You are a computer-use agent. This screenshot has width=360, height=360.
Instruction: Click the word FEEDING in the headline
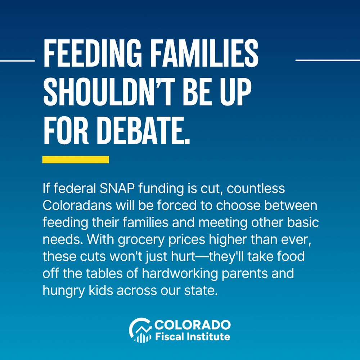[93, 53]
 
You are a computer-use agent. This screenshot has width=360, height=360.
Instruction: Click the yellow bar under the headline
[76, 159]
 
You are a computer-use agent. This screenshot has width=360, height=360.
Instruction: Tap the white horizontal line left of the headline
[17, 61]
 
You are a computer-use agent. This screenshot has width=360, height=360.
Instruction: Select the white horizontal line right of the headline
[328, 60]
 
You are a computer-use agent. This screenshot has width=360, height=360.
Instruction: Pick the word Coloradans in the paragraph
[77, 206]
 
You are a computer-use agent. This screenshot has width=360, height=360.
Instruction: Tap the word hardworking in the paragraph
[180, 274]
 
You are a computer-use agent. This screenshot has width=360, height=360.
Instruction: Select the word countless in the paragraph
[256, 188]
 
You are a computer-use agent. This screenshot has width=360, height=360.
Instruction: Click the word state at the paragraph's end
[201, 291]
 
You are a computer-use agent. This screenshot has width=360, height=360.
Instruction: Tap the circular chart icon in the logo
[140, 330]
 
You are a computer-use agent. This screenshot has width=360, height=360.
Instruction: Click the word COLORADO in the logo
[192, 325]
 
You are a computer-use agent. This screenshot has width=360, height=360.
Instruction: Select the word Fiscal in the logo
[170, 337]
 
